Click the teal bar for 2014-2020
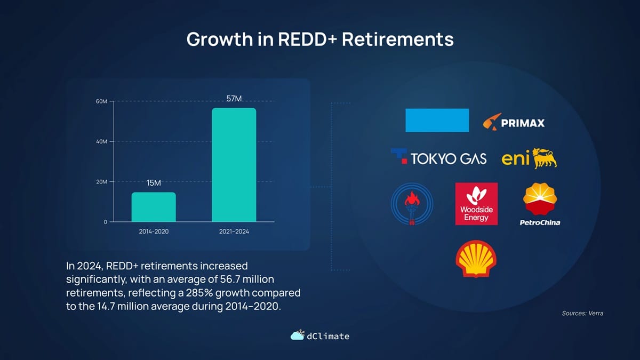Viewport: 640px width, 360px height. pyautogui.click(x=154, y=207)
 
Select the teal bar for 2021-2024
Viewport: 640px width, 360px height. pyautogui.click(x=234, y=165)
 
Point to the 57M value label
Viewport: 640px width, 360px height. pyautogui.click(x=234, y=99)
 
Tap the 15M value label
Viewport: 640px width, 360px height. pyautogui.click(x=154, y=183)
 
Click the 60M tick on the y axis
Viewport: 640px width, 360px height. pyautogui.click(x=101, y=101)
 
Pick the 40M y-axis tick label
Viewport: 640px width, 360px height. pyautogui.click(x=101, y=141)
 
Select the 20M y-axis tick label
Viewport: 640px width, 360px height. pyautogui.click(x=101, y=182)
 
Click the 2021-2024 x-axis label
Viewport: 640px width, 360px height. pyautogui.click(x=234, y=231)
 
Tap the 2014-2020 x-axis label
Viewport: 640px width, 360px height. pyautogui.click(x=154, y=231)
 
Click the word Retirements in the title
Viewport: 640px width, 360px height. pyautogui.click(x=398, y=39)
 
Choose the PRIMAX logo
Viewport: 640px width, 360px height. pyautogui.click(x=514, y=122)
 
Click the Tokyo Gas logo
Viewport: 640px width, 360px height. pyautogui.click(x=438, y=157)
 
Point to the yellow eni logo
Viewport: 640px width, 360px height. pyautogui.click(x=530, y=158)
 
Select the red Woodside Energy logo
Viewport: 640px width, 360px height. pyautogui.click(x=476, y=204)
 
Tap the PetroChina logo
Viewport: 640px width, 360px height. pyautogui.click(x=540, y=204)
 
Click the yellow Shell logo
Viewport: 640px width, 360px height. pyautogui.click(x=476, y=259)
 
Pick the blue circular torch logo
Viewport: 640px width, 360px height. pyautogui.click(x=412, y=204)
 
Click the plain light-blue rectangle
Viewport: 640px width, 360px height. pyautogui.click(x=437, y=121)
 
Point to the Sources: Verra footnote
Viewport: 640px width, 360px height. pyautogui.click(x=582, y=313)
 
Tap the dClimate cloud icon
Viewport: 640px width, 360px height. pyautogui.click(x=298, y=334)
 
